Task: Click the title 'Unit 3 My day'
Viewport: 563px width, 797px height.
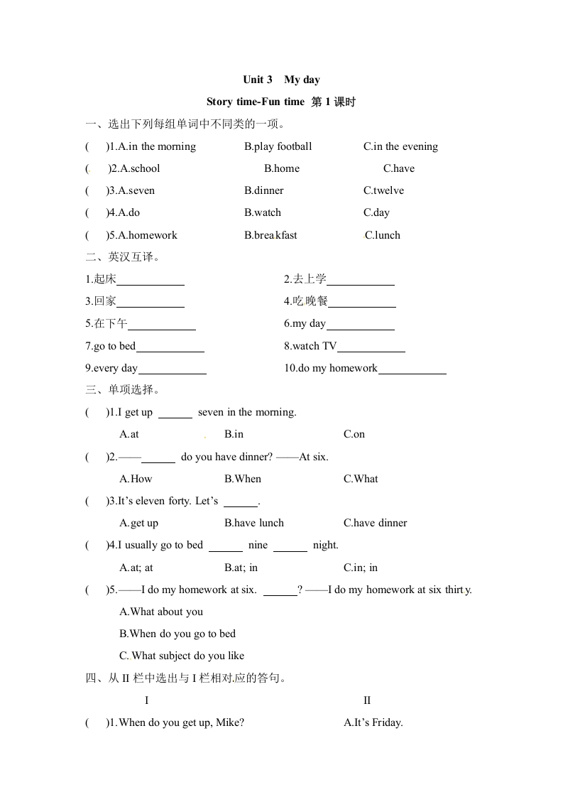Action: tap(281, 80)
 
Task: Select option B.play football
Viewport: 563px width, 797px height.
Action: tap(278, 146)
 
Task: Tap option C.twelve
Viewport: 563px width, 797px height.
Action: tap(383, 190)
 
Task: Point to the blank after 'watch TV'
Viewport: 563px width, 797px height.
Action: tap(371, 347)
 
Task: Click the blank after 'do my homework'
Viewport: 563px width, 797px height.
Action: tap(412, 369)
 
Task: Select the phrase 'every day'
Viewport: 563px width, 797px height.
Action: tap(115, 368)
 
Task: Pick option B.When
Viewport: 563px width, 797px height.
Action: tap(243, 479)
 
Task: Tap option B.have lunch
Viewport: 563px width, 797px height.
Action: tap(253, 523)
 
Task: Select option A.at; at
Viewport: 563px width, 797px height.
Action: tap(136, 568)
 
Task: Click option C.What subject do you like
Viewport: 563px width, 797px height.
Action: tap(182, 656)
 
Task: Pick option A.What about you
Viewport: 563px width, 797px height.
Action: tap(161, 612)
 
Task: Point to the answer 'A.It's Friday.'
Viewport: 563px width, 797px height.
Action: tap(373, 722)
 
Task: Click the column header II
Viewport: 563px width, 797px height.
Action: tap(367, 700)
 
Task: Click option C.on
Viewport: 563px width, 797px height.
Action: tap(354, 434)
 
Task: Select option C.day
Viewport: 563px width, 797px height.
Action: tap(376, 212)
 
